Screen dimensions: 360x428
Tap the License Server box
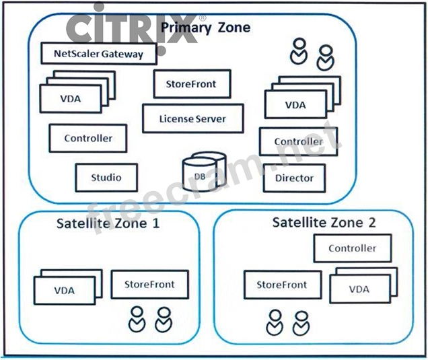(192, 119)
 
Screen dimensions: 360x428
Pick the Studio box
(106, 178)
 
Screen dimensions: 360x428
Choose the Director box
(294, 178)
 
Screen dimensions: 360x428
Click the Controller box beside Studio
(88, 139)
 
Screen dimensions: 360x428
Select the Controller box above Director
(298, 142)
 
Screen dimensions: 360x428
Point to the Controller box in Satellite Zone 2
(352, 248)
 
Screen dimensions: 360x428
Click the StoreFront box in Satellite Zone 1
(149, 285)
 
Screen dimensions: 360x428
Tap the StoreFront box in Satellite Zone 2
(281, 285)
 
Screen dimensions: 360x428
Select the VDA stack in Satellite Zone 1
(65, 290)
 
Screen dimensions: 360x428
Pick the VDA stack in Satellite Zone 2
(359, 289)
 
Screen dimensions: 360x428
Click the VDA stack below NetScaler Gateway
(71, 98)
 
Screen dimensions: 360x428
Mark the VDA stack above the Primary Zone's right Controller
(295, 105)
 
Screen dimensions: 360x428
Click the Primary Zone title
(205, 28)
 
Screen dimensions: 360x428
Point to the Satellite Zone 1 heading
(108, 223)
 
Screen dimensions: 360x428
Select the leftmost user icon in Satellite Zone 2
(274, 322)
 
